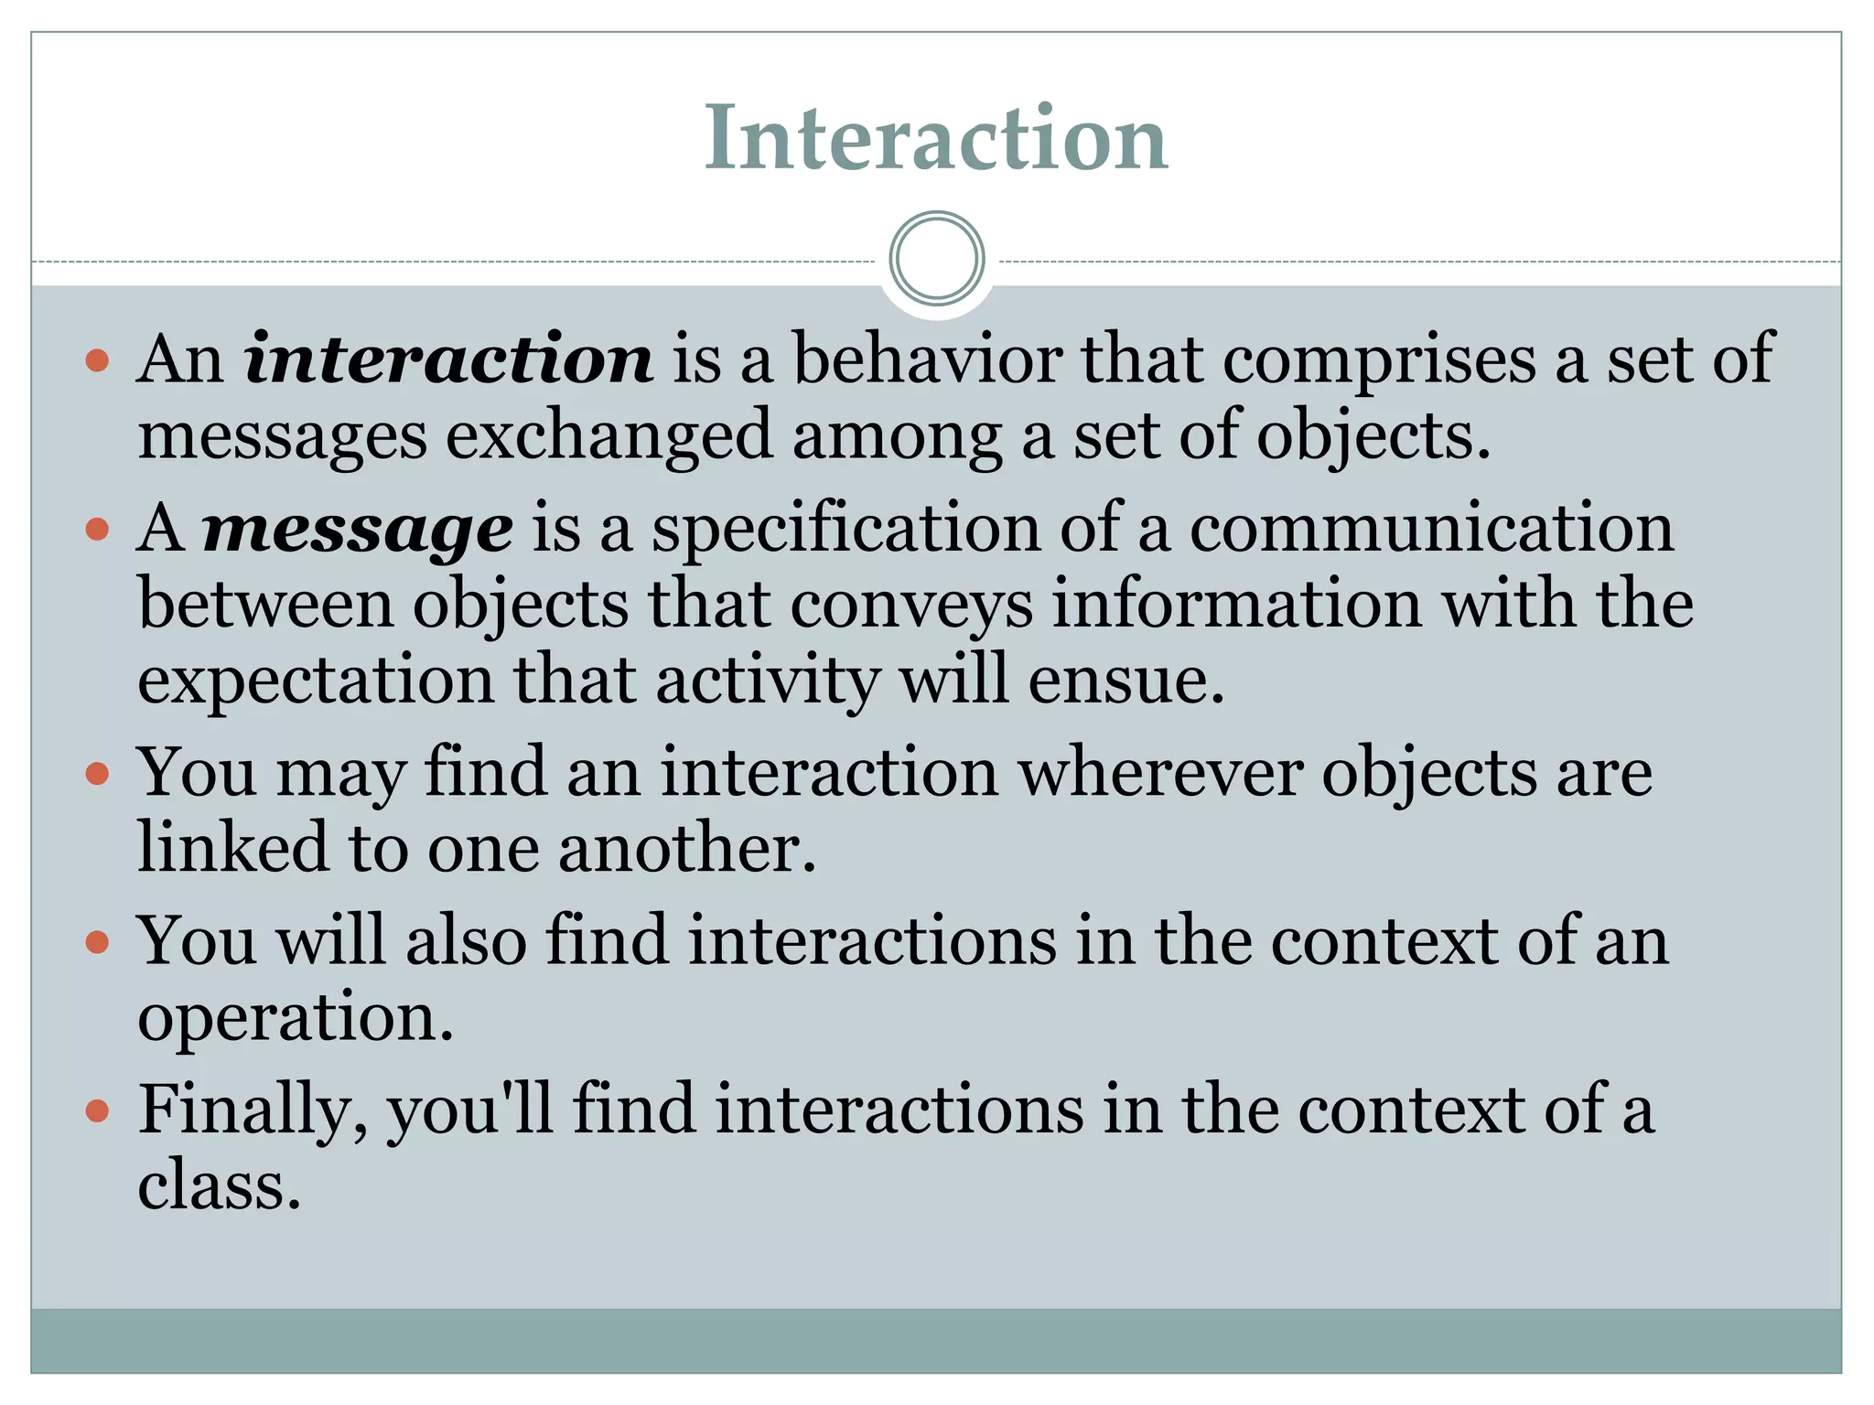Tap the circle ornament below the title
coord(936,258)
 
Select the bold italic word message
coord(357,529)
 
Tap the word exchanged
coord(609,434)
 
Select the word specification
coord(845,529)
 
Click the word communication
coord(1431,529)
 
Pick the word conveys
coord(910,605)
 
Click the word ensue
coord(1125,681)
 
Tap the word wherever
coord(1160,773)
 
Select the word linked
coord(232,848)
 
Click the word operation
coord(295,1017)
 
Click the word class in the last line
coord(219,1185)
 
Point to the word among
coord(897,434)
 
